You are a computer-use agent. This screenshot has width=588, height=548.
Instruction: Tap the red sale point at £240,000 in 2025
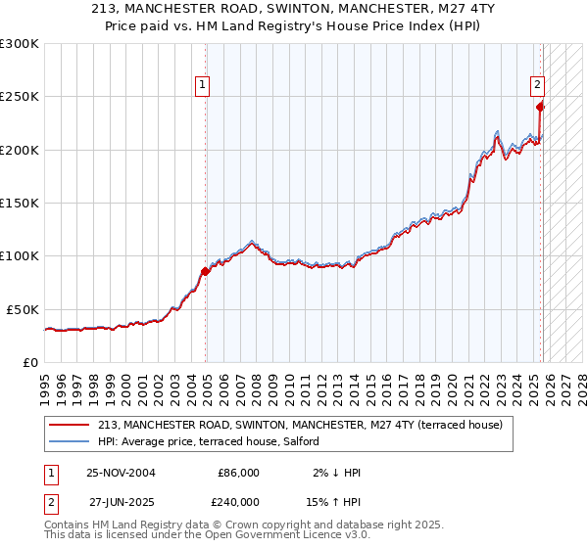tap(541, 108)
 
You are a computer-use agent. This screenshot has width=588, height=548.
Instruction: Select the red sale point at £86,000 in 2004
tap(205, 271)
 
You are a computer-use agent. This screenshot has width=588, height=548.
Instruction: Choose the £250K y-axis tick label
tap(20, 97)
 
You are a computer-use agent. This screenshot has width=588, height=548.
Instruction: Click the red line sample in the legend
tap(70, 425)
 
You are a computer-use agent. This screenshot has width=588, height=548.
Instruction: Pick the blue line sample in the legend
tap(70, 441)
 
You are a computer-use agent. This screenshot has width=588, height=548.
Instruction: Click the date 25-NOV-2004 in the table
tap(121, 473)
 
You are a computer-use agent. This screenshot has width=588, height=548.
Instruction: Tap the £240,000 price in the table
tap(238, 501)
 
